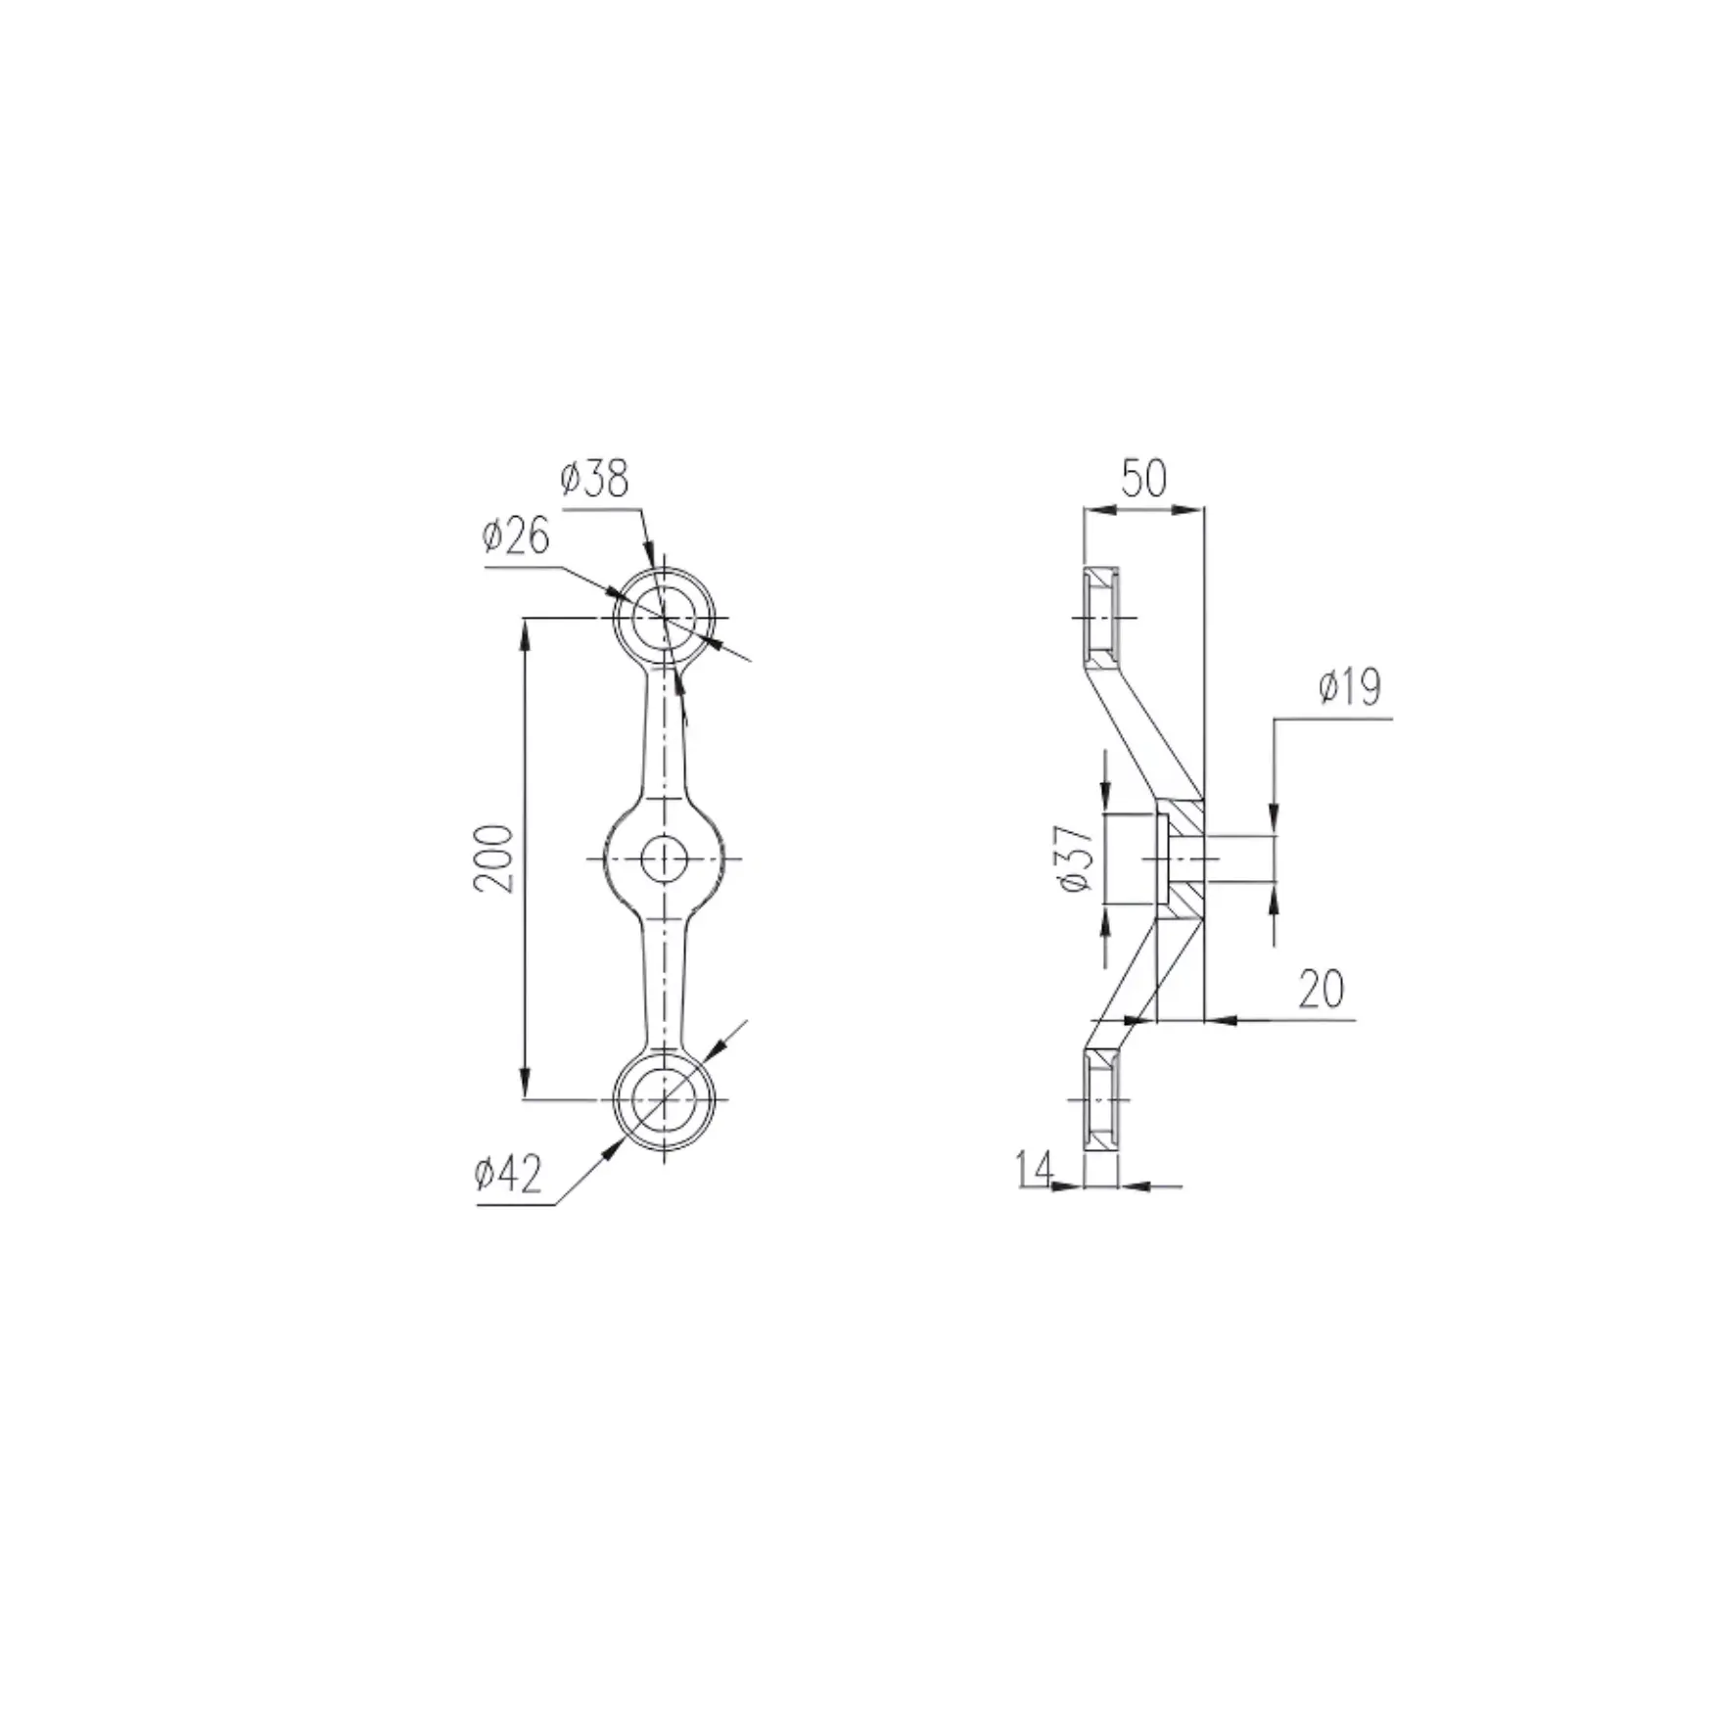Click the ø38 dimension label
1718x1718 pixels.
tap(594, 480)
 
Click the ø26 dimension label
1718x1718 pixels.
tap(516, 537)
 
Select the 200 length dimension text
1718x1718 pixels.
tap(493, 859)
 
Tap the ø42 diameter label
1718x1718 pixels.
tap(508, 1174)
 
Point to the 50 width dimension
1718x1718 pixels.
tap(1143, 480)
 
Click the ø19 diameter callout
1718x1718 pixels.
tap(1349, 688)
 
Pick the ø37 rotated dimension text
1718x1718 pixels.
tap(1075, 859)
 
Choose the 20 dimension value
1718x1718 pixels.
tap(1321, 990)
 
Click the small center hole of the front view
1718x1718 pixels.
tap(664, 859)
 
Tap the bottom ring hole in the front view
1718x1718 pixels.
tap(664, 1099)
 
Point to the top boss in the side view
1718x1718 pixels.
tap(1101, 619)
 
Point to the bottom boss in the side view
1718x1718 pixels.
tap(1101, 1099)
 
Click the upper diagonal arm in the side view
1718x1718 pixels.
tap(1143, 729)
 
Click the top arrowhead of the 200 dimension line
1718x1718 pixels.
tap(526, 631)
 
